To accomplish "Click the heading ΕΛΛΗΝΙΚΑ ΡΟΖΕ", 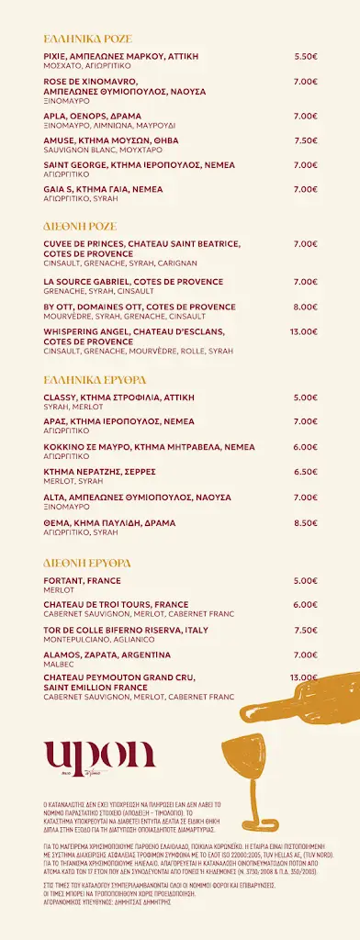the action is pyautogui.click(x=88, y=39).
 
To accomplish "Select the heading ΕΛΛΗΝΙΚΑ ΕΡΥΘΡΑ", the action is pyautogui.click(x=95, y=378).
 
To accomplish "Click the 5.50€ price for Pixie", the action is pyautogui.click(x=306, y=56).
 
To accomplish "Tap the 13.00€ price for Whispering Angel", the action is pyautogui.click(x=303, y=331).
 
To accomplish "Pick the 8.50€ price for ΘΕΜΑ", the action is pyautogui.click(x=306, y=522).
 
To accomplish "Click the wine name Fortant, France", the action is pyautogui.click(x=82, y=580).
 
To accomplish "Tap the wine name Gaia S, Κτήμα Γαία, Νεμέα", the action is pyautogui.click(x=103, y=189).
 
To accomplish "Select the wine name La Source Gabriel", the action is pyautogui.click(x=133, y=282).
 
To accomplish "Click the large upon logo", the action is pyautogui.click(x=100, y=756).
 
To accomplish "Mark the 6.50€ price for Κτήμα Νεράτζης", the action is pyautogui.click(x=306, y=472).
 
